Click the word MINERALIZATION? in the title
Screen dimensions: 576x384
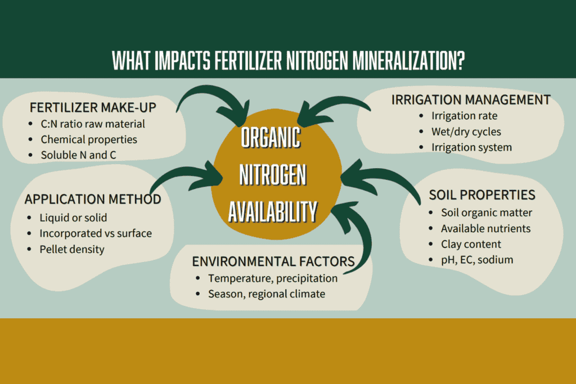pyautogui.click(x=408, y=61)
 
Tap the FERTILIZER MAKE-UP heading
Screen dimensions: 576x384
pyautogui.click(x=93, y=107)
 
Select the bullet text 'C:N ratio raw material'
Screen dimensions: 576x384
pyautogui.click(x=93, y=124)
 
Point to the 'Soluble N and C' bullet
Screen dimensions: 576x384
pyautogui.click(x=79, y=155)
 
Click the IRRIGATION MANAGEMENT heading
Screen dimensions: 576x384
pyautogui.click(x=471, y=100)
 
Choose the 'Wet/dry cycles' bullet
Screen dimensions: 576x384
pyautogui.click(x=466, y=132)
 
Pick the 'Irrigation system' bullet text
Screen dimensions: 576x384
pyautogui.click(x=472, y=147)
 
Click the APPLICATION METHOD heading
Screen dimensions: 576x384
pyautogui.click(x=93, y=199)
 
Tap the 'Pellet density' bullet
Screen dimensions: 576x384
pyautogui.click(x=72, y=249)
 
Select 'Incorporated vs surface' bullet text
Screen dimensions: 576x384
pyautogui.click(x=96, y=233)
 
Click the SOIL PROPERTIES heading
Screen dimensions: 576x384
pyautogui.click(x=482, y=195)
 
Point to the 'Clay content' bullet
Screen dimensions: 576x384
pyautogui.click(x=471, y=244)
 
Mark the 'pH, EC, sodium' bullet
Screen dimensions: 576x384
pyautogui.click(x=477, y=260)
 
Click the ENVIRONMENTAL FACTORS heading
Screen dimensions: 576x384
pyautogui.click(x=273, y=261)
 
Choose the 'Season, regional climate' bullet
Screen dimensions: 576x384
pyautogui.click(x=267, y=294)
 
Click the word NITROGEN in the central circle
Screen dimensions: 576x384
pyautogui.click(x=273, y=175)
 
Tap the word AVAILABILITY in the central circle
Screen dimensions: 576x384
pyautogui.click(x=273, y=212)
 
